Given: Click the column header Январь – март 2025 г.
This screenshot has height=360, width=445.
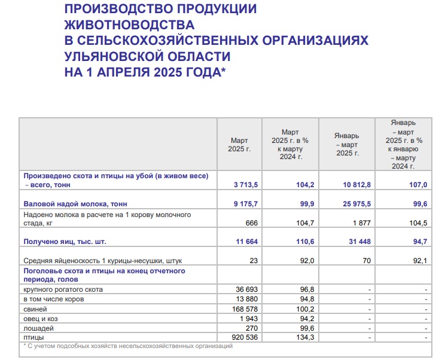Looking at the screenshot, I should pos(347,144).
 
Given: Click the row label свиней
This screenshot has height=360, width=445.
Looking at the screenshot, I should pos(35,309).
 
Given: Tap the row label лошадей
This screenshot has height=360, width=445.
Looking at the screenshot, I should pos(39,328).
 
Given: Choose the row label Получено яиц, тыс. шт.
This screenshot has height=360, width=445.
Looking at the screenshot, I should pos(68,242).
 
